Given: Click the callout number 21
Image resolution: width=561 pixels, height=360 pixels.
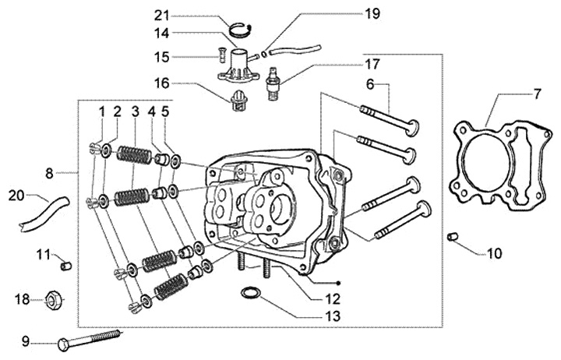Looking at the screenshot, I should (x=161, y=15).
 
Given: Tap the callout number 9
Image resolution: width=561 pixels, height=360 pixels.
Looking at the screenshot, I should (x=26, y=341).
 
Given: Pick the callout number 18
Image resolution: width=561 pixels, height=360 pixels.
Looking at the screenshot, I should (x=23, y=298).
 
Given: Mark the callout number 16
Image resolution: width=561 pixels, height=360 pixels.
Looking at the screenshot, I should (x=161, y=82).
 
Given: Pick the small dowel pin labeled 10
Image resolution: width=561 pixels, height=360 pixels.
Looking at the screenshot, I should (x=452, y=235).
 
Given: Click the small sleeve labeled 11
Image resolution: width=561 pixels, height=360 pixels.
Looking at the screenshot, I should (x=66, y=266).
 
